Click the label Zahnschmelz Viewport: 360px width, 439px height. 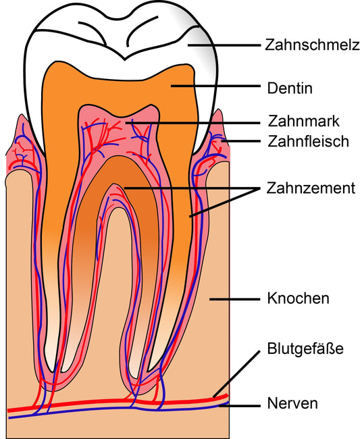tap(312, 45)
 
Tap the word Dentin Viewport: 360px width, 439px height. tap(290, 88)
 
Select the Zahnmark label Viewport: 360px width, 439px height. tap(303, 121)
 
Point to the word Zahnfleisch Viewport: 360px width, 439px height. tap(308, 141)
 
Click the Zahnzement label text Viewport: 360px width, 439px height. tap(311, 188)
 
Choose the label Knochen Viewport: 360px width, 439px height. tap(298, 299)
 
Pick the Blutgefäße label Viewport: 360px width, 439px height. tap(305, 348)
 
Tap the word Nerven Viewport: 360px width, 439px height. tap(292, 403)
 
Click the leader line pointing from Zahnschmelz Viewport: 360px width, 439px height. tap(224, 45)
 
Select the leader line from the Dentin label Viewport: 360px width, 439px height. tap(215, 86)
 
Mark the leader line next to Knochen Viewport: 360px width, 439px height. tap(235, 299)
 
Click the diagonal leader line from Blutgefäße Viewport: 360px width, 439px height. tap(236, 373)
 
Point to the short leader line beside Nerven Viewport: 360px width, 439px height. tap(240, 405)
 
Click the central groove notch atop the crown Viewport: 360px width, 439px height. tap(125, 59)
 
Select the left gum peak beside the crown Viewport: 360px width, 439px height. tap(21, 115)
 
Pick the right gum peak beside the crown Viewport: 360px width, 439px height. tap(218, 110)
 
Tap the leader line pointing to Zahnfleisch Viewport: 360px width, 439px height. tap(240, 141)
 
